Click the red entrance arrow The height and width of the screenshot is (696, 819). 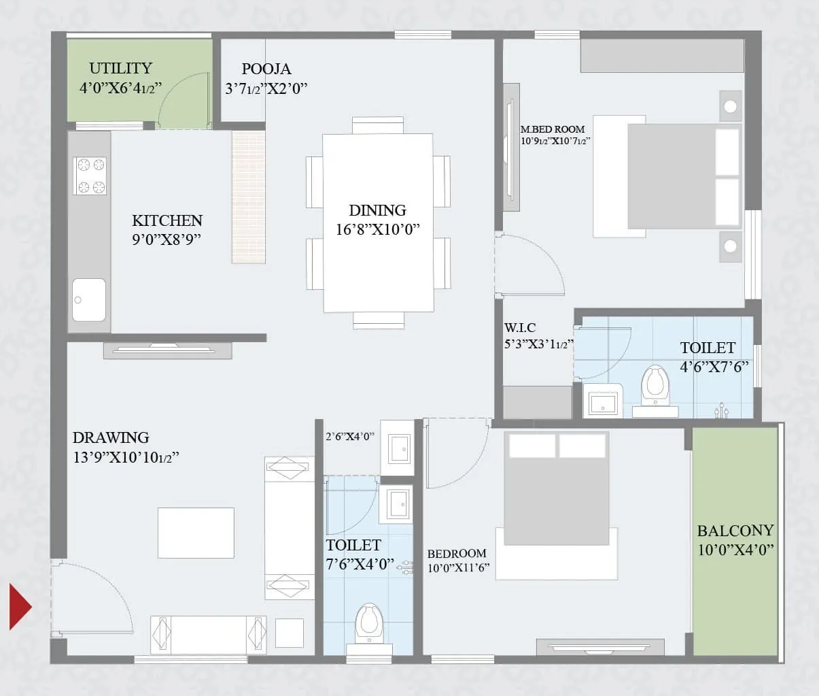click(20, 606)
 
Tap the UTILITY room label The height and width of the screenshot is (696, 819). click(120, 68)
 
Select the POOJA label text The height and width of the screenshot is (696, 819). click(266, 69)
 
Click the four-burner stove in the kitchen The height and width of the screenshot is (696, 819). click(90, 176)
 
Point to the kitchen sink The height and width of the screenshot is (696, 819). click(89, 299)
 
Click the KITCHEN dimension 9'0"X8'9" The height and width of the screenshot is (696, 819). click(167, 239)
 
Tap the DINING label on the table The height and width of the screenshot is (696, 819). click(377, 210)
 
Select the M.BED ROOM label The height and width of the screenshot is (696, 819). click(553, 129)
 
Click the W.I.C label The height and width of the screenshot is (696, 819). click(520, 328)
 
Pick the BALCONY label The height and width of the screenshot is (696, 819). click(735, 531)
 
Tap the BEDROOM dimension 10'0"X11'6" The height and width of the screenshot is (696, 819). click(458, 568)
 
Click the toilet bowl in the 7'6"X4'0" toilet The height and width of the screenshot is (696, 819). click(369, 621)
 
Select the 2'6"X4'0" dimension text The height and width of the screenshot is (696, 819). click(349, 437)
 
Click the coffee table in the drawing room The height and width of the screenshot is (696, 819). click(196, 533)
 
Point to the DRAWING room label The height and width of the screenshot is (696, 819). click(111, 437)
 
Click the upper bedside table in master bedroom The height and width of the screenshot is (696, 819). click(730, 106)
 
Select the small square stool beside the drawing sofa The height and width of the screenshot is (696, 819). click(290, 633)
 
